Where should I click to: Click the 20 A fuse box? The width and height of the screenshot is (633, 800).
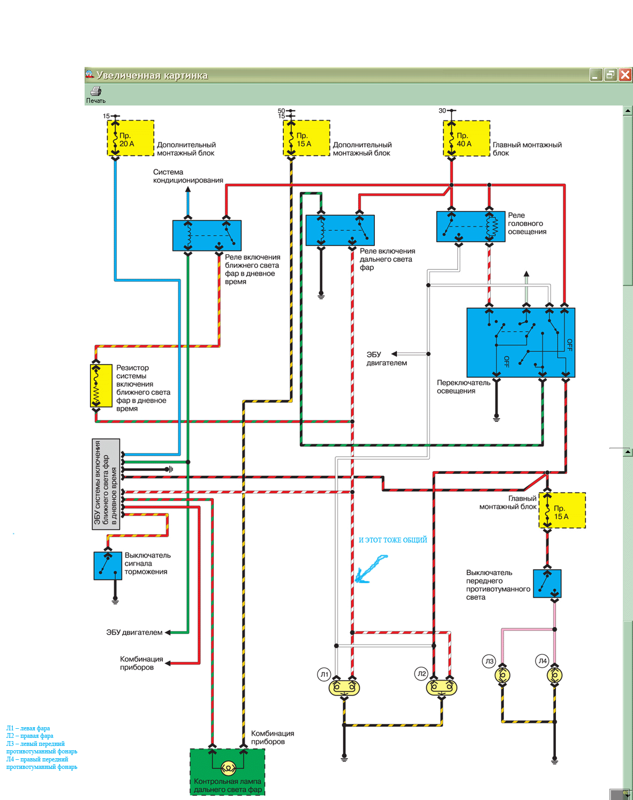coord(131,138)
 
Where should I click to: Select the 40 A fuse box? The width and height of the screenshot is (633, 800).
coord(466,138)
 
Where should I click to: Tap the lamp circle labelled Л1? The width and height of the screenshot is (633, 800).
coord(324,674)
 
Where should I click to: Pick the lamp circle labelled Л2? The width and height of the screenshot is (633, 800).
coord(422,674)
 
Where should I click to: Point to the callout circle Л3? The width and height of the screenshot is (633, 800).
coord(489,661)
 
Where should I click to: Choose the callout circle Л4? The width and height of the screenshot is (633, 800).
coord(542,661)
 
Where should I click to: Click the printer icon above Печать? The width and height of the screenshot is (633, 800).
coord(96,91)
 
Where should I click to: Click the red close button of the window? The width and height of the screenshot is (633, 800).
coord(625,75)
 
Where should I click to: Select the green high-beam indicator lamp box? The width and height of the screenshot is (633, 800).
coord(228,772)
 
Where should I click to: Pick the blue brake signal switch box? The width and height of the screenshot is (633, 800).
coord(108,565)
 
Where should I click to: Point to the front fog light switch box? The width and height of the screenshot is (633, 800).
coord(547,584)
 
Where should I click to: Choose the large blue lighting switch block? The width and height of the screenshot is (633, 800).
coord(521,343)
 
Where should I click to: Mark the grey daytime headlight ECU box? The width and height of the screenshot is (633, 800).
coord(105,484)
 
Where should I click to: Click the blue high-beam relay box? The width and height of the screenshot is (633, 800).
coord(340,230)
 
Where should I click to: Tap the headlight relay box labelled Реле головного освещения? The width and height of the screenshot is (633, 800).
coord(471,227)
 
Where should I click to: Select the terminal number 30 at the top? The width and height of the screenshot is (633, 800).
coord(442,111)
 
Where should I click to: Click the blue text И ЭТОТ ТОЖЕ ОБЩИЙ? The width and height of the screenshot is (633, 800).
coord(393,540)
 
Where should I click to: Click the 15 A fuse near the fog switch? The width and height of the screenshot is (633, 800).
coord(562,510)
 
